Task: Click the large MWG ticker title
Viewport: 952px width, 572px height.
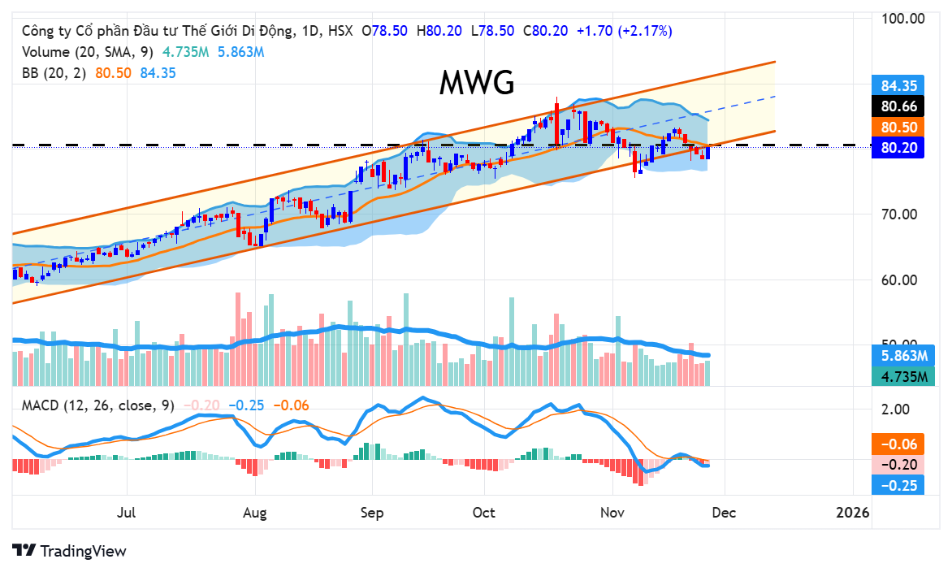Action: (x=477, y=83)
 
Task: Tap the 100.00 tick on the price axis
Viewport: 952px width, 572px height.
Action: (x=902, y=18)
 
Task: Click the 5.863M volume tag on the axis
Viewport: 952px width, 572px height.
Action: (x=904, y=356)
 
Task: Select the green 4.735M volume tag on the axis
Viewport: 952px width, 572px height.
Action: (x=904, y=376)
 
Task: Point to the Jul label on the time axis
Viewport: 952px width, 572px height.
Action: (x=127, y=513)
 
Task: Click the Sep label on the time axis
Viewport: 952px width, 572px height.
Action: (x=372, y=513)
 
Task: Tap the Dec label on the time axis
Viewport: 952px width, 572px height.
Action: (x=725, y=513)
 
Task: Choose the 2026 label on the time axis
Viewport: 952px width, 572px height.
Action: (x=853, y=513)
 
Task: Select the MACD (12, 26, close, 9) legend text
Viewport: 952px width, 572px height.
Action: (x=98, y=405)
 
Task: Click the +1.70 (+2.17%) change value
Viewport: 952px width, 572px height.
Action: (x=624, y=31)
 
